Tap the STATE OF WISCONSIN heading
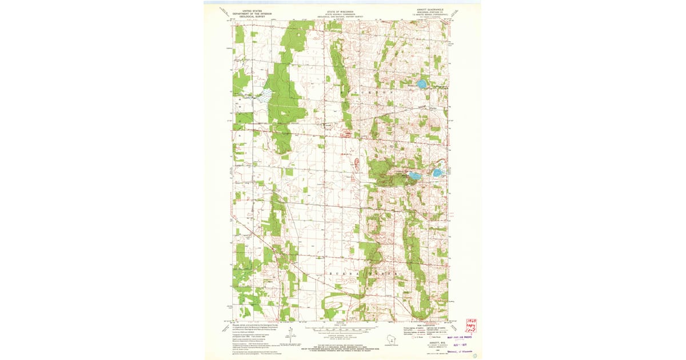click(x=340, y=10)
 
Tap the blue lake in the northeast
click(x=421, y=85)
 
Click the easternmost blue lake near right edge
click(x=437, y=173)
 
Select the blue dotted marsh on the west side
click(x=262, y=98)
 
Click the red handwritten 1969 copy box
click(x=472, y=325)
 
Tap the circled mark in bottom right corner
click(x=474, y=355)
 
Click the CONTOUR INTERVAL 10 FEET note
click(x=340, y=333)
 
